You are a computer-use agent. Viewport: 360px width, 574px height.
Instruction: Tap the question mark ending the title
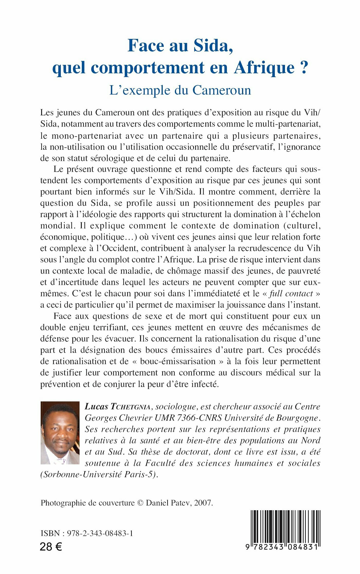(x=303, y=67)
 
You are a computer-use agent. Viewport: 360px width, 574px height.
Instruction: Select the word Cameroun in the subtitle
(x=222, y=90)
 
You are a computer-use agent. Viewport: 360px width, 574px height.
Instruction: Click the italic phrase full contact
(x=291, y=294)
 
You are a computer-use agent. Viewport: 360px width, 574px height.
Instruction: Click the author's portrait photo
(x=60, y=433)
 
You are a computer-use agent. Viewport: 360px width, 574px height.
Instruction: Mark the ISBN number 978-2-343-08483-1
(x=100, y=533)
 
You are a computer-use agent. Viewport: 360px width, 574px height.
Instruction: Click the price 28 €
(x=51, y=547)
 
